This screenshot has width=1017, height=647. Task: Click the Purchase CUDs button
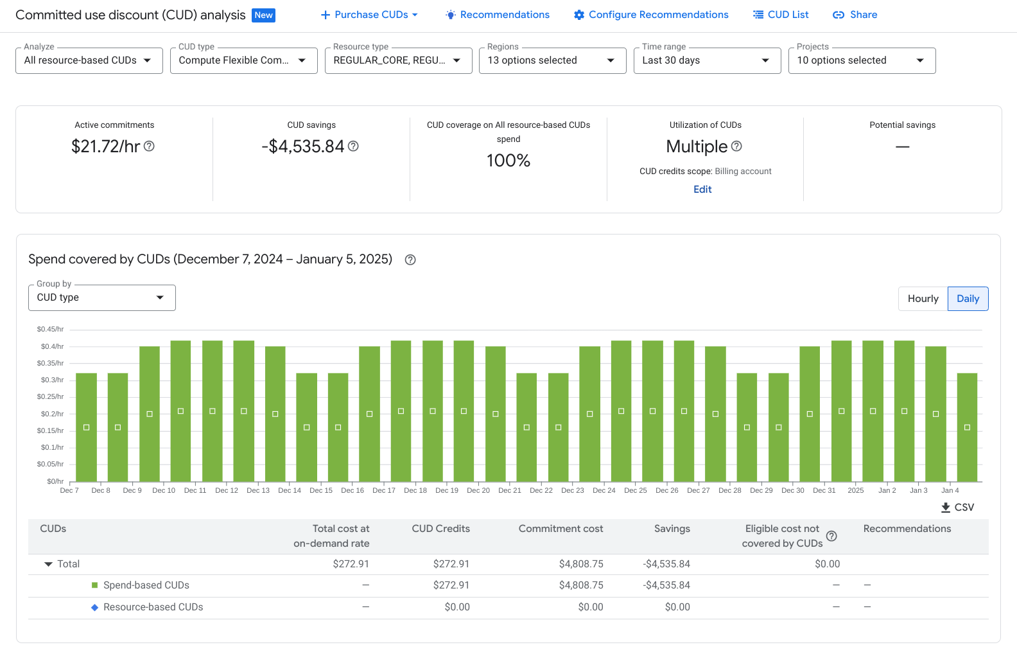click(x=369, y=15)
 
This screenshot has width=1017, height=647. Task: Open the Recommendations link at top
click(x=498, y=15)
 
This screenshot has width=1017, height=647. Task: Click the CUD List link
click(x=781, y=15)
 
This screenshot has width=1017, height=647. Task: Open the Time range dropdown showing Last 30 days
click(x=706, y=60)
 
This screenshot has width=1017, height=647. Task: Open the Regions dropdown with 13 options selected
click(x=552, y=60)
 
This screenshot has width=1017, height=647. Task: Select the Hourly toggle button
click(x=923, y=299)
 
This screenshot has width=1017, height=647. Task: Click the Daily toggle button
click(x=968, y=299)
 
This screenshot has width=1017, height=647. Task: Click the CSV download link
click(x=957, y=508)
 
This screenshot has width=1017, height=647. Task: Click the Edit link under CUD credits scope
click(x=702, y=190)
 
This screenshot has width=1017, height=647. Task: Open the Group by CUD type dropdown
click(x=101, y=297)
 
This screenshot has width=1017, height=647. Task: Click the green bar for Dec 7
click(x=86, y=427)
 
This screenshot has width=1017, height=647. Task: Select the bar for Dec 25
click(x=652, y=411)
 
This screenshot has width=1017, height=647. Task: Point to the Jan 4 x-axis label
click(x=950, y=490)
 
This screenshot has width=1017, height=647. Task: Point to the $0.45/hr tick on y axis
click(x=50, y=329)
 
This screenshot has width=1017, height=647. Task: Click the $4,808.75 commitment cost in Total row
click(x=581, y=564)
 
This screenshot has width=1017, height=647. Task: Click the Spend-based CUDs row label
click(x=146, y=585)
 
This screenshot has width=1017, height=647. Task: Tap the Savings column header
click(x=672, y=529)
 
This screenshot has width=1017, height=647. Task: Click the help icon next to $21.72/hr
click(x=149, y=146)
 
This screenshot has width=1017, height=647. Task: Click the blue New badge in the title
click(x=264, y=15)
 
